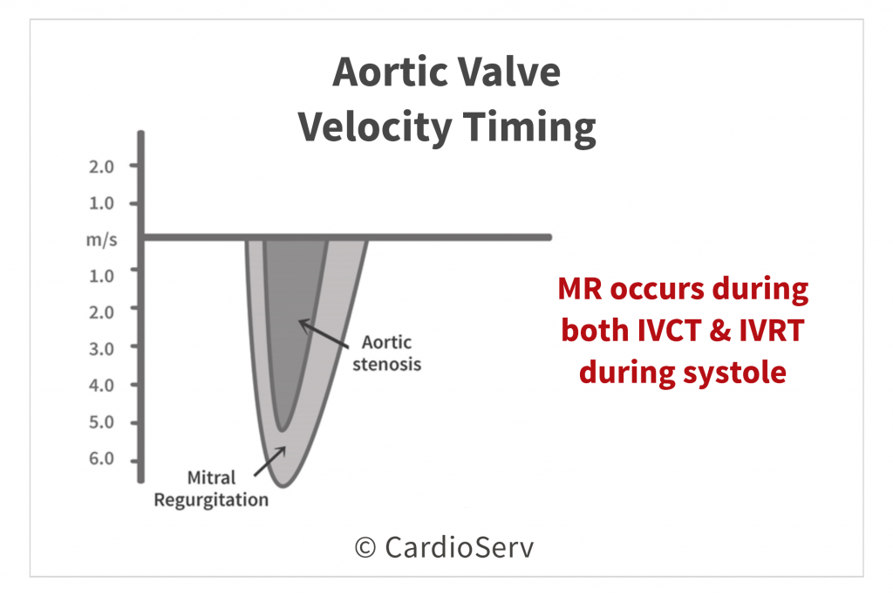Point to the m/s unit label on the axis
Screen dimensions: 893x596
(102, 240)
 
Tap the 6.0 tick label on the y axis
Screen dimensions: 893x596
(101, 459)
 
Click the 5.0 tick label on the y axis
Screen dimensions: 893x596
(101, 422)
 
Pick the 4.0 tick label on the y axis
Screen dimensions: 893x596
(101, 386)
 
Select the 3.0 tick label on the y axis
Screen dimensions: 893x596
(101, 349)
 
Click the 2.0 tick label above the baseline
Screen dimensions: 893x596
(101, 167)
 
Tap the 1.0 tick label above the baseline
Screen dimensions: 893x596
(101, 203)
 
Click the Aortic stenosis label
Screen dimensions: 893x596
(386, 353)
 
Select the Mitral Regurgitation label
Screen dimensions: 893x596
(211, 489)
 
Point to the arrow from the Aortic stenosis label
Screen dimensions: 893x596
(324, 333)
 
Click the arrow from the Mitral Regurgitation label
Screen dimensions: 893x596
(270, 462)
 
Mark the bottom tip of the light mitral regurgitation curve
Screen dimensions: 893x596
(283, 486)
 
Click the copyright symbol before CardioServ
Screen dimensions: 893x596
(365, 547)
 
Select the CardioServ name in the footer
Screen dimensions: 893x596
(459, 547)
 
